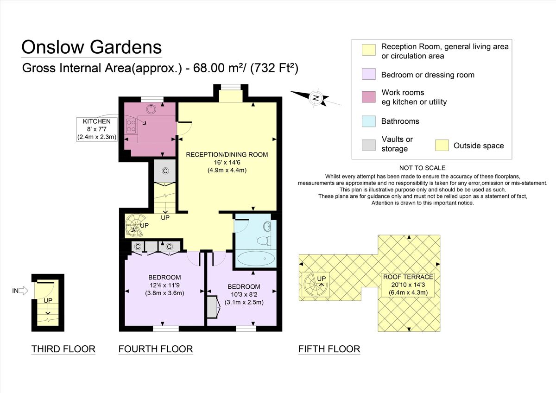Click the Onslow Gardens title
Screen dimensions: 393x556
pyautogui.click(x=92, y=47)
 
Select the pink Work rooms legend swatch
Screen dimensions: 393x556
pyautogui.click(x=369, y=97)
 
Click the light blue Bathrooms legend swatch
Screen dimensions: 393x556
pyautogui.click(x=369, y=121)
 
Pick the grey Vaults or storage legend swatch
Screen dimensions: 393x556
pyautogui.click(x=369, y=145)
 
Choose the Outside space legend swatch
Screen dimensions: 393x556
pyautogui.click(x=442, y=146)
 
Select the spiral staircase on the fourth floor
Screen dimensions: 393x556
pyautogui.click(x=136, y=226)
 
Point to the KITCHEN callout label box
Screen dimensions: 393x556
pyautogui.click(x=97, y=129)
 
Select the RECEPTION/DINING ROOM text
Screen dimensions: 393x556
pyautogui.click(x=227, y=155)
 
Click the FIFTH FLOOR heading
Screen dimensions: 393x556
pyautogui.click(x=329, y=349)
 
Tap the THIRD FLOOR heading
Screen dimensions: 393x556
pyautogui.click(x=63, y=349)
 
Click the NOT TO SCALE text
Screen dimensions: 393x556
pyautogui.click(x=422, y=168)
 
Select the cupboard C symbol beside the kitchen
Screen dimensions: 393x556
pyautogui.click(x=165, y=171)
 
